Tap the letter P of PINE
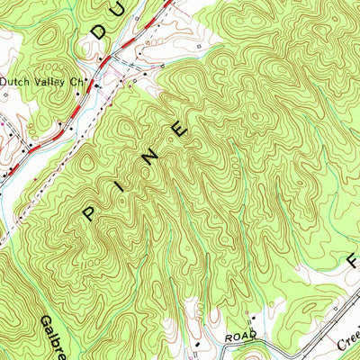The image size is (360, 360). click(x=90, y=212)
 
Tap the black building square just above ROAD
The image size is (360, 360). click(x=254, y=319)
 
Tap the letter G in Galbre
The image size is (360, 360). click(x=45, y=321)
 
